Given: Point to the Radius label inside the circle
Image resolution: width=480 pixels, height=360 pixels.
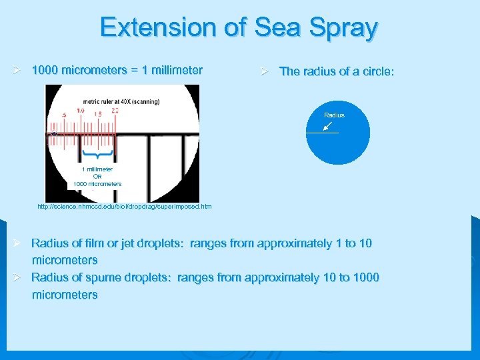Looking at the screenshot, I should click(334, 115).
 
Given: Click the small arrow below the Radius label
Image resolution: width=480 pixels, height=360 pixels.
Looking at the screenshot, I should click(329, 125).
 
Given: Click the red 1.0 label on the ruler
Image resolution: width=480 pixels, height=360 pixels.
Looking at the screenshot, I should click(80, 111).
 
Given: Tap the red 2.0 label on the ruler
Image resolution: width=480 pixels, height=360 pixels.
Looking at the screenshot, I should click(115, 111).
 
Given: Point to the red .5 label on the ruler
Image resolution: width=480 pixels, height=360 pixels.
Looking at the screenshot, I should click(63, 115).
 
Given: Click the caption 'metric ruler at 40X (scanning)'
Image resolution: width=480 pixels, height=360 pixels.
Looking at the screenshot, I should click(117, 101).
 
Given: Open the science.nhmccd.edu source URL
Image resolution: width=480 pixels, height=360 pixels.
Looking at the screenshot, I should click(125, 207).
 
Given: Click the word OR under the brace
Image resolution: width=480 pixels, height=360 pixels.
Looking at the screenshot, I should click(97, 177).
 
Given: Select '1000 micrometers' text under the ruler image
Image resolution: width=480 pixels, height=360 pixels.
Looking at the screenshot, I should click(97, 184).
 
